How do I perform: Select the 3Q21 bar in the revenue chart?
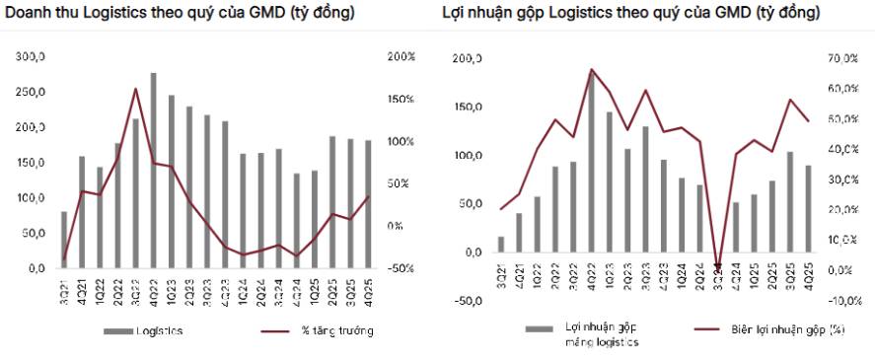64,240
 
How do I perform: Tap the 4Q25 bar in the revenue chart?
369,204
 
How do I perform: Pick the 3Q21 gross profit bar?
501,245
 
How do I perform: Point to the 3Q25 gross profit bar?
790,202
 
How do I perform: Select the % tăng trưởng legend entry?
336,331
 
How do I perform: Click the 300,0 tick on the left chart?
31,57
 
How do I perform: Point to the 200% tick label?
403,57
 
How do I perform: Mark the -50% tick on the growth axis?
402,268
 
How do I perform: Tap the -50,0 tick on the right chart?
467,301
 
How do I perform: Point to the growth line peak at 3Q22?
135,89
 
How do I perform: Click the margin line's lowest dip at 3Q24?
717,267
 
